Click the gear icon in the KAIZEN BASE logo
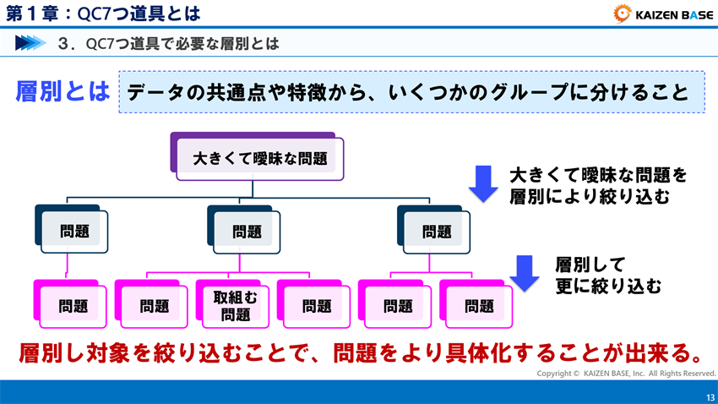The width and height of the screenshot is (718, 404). pyautogui.click(x=623, y=13)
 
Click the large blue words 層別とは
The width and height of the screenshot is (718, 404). pyautogui.click(x=63, y=91)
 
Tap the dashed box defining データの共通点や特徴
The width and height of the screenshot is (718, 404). pyautogui.click(x=411, y=93)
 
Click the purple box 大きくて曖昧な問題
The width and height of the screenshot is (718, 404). pyautogui.click(x=259, y=158)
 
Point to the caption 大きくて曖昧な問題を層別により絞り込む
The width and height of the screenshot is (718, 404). pyautogui.click(x=597, y=186)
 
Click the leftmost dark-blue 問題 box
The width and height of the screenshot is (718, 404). pyautogui.click(x=74, y=231)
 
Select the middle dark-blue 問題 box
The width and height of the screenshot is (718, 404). pyautogui.click(x=247, y=231)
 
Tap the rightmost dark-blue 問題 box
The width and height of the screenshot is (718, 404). pyautogui.click(x=436, y=231)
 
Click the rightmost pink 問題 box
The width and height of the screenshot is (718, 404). pyautogui.click(x=478, y=306)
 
